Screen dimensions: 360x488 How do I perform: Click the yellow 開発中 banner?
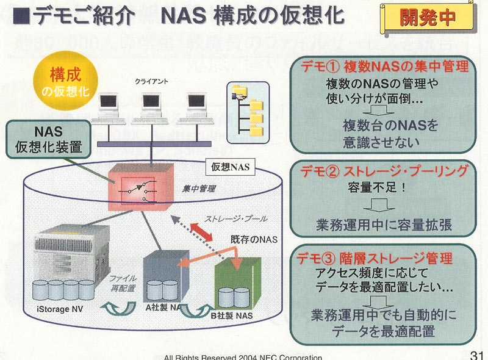click(428, 18)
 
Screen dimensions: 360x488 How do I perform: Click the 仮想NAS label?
click(231, 167)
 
